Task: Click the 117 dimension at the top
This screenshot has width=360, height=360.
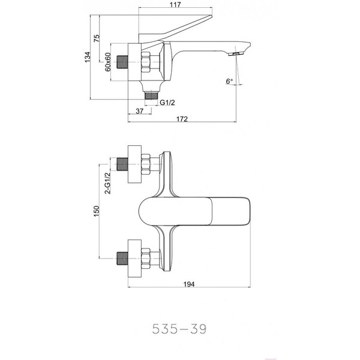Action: pos(175,5)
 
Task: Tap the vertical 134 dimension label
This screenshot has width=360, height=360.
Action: pos(88,57)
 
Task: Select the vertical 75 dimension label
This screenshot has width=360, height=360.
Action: pos(97,38)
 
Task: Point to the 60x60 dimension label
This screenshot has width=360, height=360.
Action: pos(108,62)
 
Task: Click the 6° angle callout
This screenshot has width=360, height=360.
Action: pos(229,81)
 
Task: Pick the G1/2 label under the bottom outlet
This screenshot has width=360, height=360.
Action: pos(167,103)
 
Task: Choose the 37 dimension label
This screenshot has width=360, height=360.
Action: pos(140,111)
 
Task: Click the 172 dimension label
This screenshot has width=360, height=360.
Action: pos(182,119)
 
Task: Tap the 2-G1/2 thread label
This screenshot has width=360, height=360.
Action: pos(107,183)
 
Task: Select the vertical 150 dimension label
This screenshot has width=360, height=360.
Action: pos(97,211)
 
